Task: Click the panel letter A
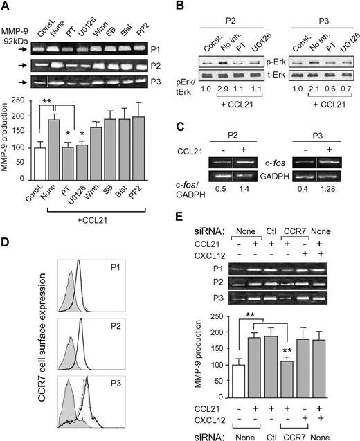[6, 6]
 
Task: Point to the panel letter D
[6, 241]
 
